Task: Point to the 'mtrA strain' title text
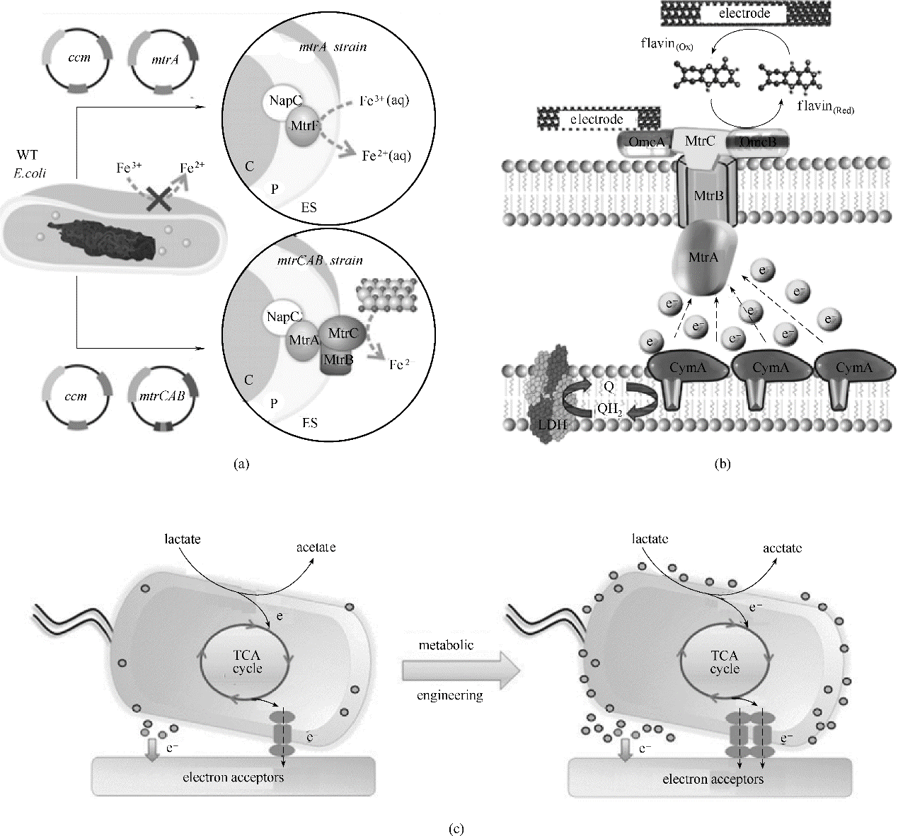[332, 47]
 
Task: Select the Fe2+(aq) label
[386, 156]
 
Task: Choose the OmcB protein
[759, 142]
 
